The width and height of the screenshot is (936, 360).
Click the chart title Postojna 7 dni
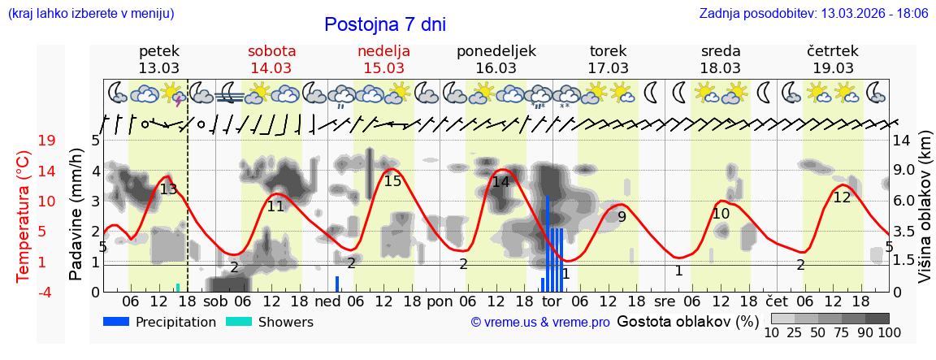click(x=385, y=24)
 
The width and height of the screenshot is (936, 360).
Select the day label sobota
click(x=271, y=50)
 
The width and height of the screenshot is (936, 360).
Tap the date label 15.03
click(x=383, y=67)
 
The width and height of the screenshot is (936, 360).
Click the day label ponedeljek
click(x=496, y=50)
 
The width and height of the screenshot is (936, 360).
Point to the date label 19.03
click(x=833, y=67)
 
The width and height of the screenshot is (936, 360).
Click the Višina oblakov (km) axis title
click(x=925, y=216)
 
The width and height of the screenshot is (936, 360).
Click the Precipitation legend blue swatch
click(x=116, y=322)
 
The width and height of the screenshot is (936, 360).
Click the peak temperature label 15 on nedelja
click(x=392, y=180)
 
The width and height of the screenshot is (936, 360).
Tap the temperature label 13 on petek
click(x=168, y=189)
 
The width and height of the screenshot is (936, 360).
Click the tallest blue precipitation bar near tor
click(x=548, y=244)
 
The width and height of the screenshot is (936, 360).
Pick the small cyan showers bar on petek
click(x=178, y=287)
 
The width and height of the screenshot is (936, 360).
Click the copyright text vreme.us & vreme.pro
click(x=540, y=323)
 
